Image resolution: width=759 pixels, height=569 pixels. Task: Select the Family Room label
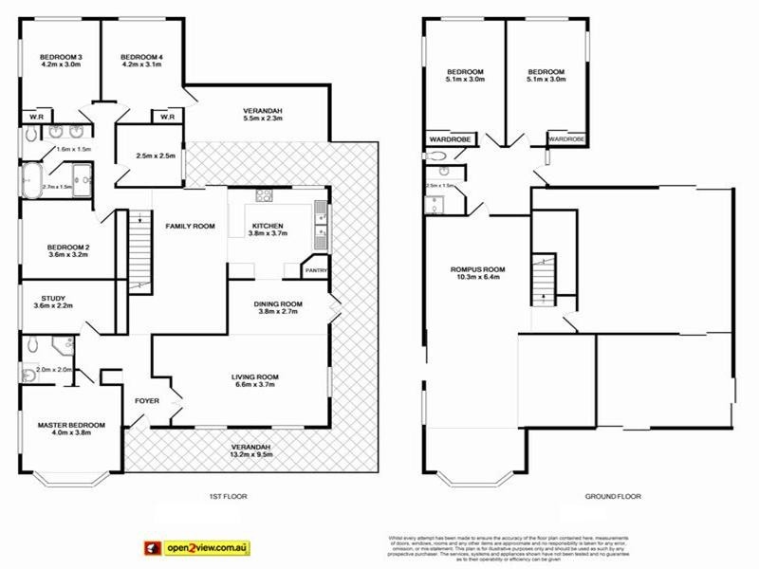click(x=189, y=227)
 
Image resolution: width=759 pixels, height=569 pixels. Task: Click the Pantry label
click(x=315, y=270)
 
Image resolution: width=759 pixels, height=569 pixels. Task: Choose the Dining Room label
click(x=278, y=304)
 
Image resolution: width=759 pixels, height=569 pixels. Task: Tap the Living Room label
click(x=254, y=377)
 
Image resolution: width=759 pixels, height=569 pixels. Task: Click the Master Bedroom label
click(x=72, y=425)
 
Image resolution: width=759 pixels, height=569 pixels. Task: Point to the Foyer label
click(x=147, y=400)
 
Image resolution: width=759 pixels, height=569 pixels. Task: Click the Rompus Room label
click(x=477, y=270)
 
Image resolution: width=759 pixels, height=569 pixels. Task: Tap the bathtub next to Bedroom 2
click(x=33, y=176)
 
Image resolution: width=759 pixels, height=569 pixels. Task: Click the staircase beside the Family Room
click(x=139, y=248)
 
